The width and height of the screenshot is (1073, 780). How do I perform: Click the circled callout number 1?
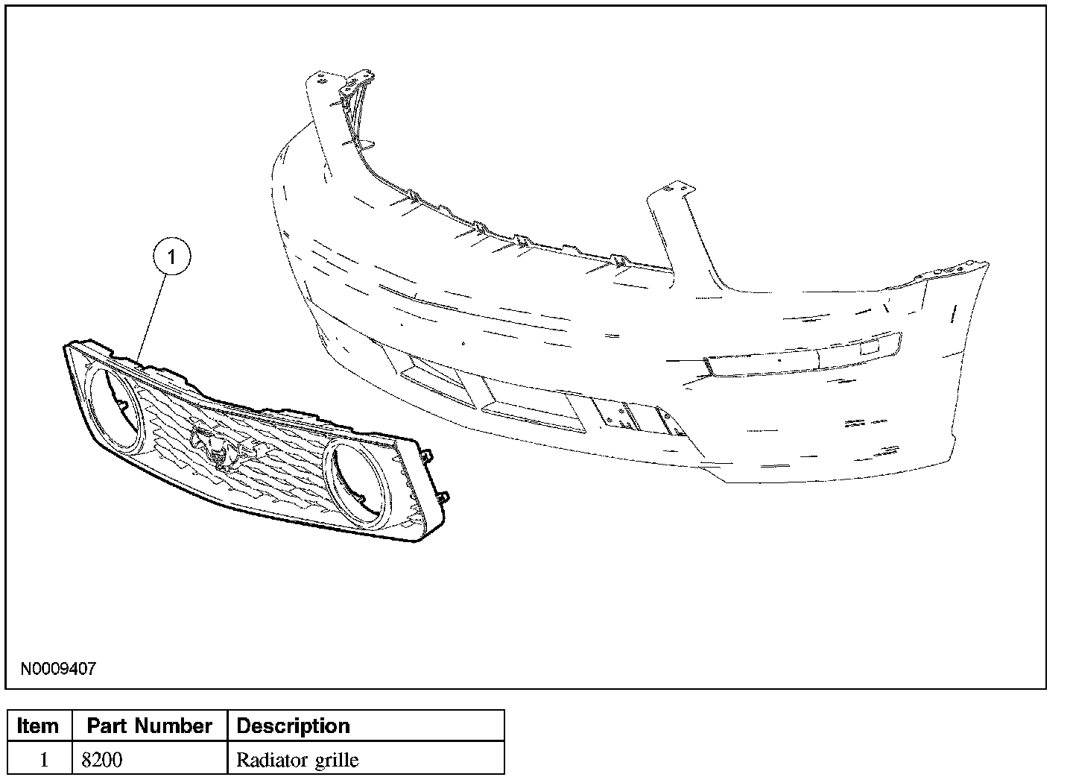coord(172,257)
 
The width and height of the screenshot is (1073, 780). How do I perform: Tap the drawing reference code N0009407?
coord(57,668)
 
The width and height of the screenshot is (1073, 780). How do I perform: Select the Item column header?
coord(37,726)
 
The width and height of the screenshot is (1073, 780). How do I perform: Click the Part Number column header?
coord(149,726)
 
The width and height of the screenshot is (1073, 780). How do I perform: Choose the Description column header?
coord(293,726)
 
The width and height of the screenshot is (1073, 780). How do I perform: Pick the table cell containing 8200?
coord(102,760)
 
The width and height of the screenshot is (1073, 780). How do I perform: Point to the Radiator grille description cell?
coord(297,760)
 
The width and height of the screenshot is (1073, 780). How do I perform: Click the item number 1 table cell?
coord(43,760)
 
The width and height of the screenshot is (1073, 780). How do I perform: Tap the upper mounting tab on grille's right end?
coord(427,454)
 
